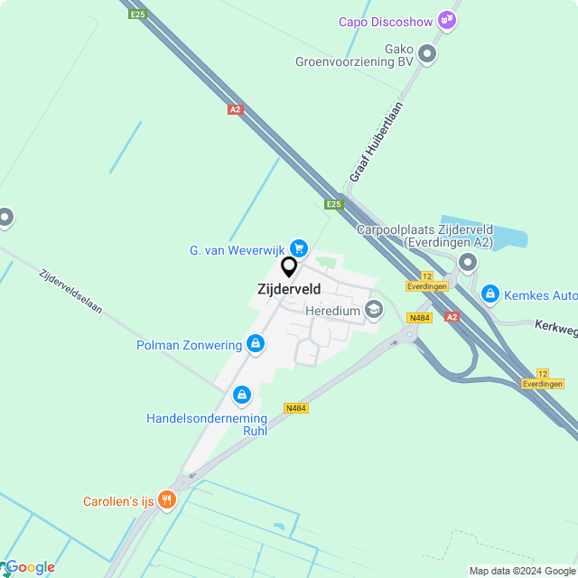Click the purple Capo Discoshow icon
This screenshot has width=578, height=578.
click(446, 19)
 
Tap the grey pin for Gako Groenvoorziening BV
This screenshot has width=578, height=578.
click(427, 55)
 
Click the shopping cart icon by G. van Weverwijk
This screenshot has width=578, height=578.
click(299, 248)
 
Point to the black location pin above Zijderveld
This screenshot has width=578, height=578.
click(289, 266)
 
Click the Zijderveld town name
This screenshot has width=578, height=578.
click(289, 289)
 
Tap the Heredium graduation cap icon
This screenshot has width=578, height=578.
click(374, 311)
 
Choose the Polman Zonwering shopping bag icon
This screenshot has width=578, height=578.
click(256, 344)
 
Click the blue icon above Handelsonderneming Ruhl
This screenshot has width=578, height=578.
click(241, 395)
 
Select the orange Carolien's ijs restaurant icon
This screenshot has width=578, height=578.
click(166, 500)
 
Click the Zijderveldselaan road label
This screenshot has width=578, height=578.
click(70, 290)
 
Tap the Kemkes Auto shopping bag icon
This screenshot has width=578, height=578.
click(489, 294)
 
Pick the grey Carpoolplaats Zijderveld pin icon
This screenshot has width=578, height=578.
click(467, 263)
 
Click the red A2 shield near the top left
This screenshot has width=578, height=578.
click(235, 109)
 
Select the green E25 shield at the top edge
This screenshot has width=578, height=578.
click(137, 14)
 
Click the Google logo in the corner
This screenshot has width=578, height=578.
click(30, 567)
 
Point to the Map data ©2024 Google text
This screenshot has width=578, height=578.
click(521, 570)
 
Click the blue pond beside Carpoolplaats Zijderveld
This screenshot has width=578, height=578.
click(492, 233)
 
